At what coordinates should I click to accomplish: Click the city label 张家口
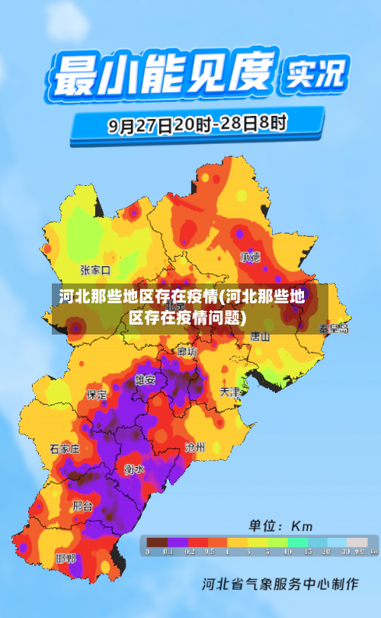coord(96,270)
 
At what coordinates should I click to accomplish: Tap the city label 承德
coord(251,256)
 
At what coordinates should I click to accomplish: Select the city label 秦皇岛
coord(334,328)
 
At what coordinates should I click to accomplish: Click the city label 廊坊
coord(187,351)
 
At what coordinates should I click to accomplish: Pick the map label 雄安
coord(146,379)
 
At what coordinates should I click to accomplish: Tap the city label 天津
coord(230,392)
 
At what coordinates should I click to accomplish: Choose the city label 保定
coord(97,395)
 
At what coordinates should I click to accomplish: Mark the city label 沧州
coord(194,447)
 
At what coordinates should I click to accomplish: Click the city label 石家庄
coord(65,449)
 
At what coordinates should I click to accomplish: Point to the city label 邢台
coord(82,506)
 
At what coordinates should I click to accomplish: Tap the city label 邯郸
coord(66,558)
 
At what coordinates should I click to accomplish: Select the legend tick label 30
coord(344,551)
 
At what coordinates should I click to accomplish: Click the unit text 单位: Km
coord(281,526)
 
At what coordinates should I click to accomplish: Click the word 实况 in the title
coord(315,76)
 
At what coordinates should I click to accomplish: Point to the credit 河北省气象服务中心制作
coord(280,585)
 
